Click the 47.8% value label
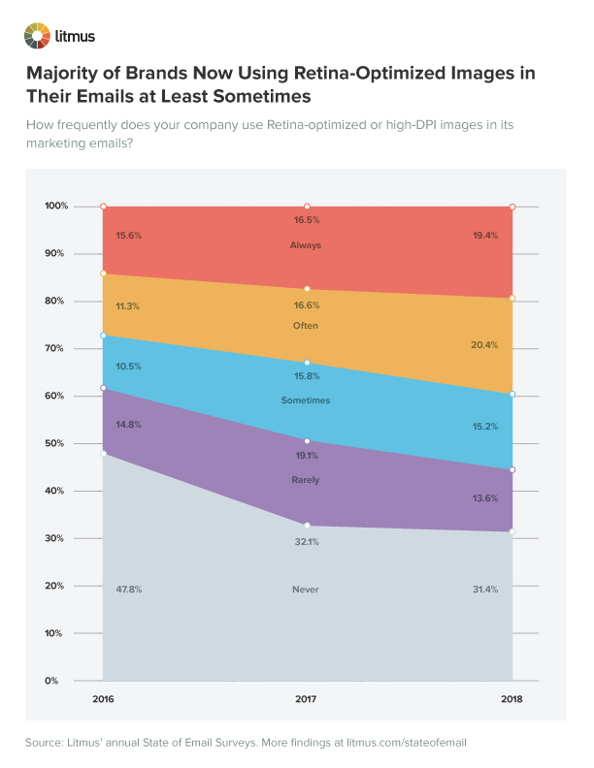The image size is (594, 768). pos(129,589)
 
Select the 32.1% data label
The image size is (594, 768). pos(306,544)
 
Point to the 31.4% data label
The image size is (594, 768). pos(485,589)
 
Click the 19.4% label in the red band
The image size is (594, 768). pos(485,236)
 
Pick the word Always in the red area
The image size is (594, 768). pos(306,245)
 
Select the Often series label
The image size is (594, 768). pos(306,326)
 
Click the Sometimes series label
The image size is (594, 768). pos(306,400)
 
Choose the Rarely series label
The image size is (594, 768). pos(306,480)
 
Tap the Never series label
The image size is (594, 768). pos(306,589)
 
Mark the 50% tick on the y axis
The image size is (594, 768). pos(56,443)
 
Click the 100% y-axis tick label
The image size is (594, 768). pos(56,207)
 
